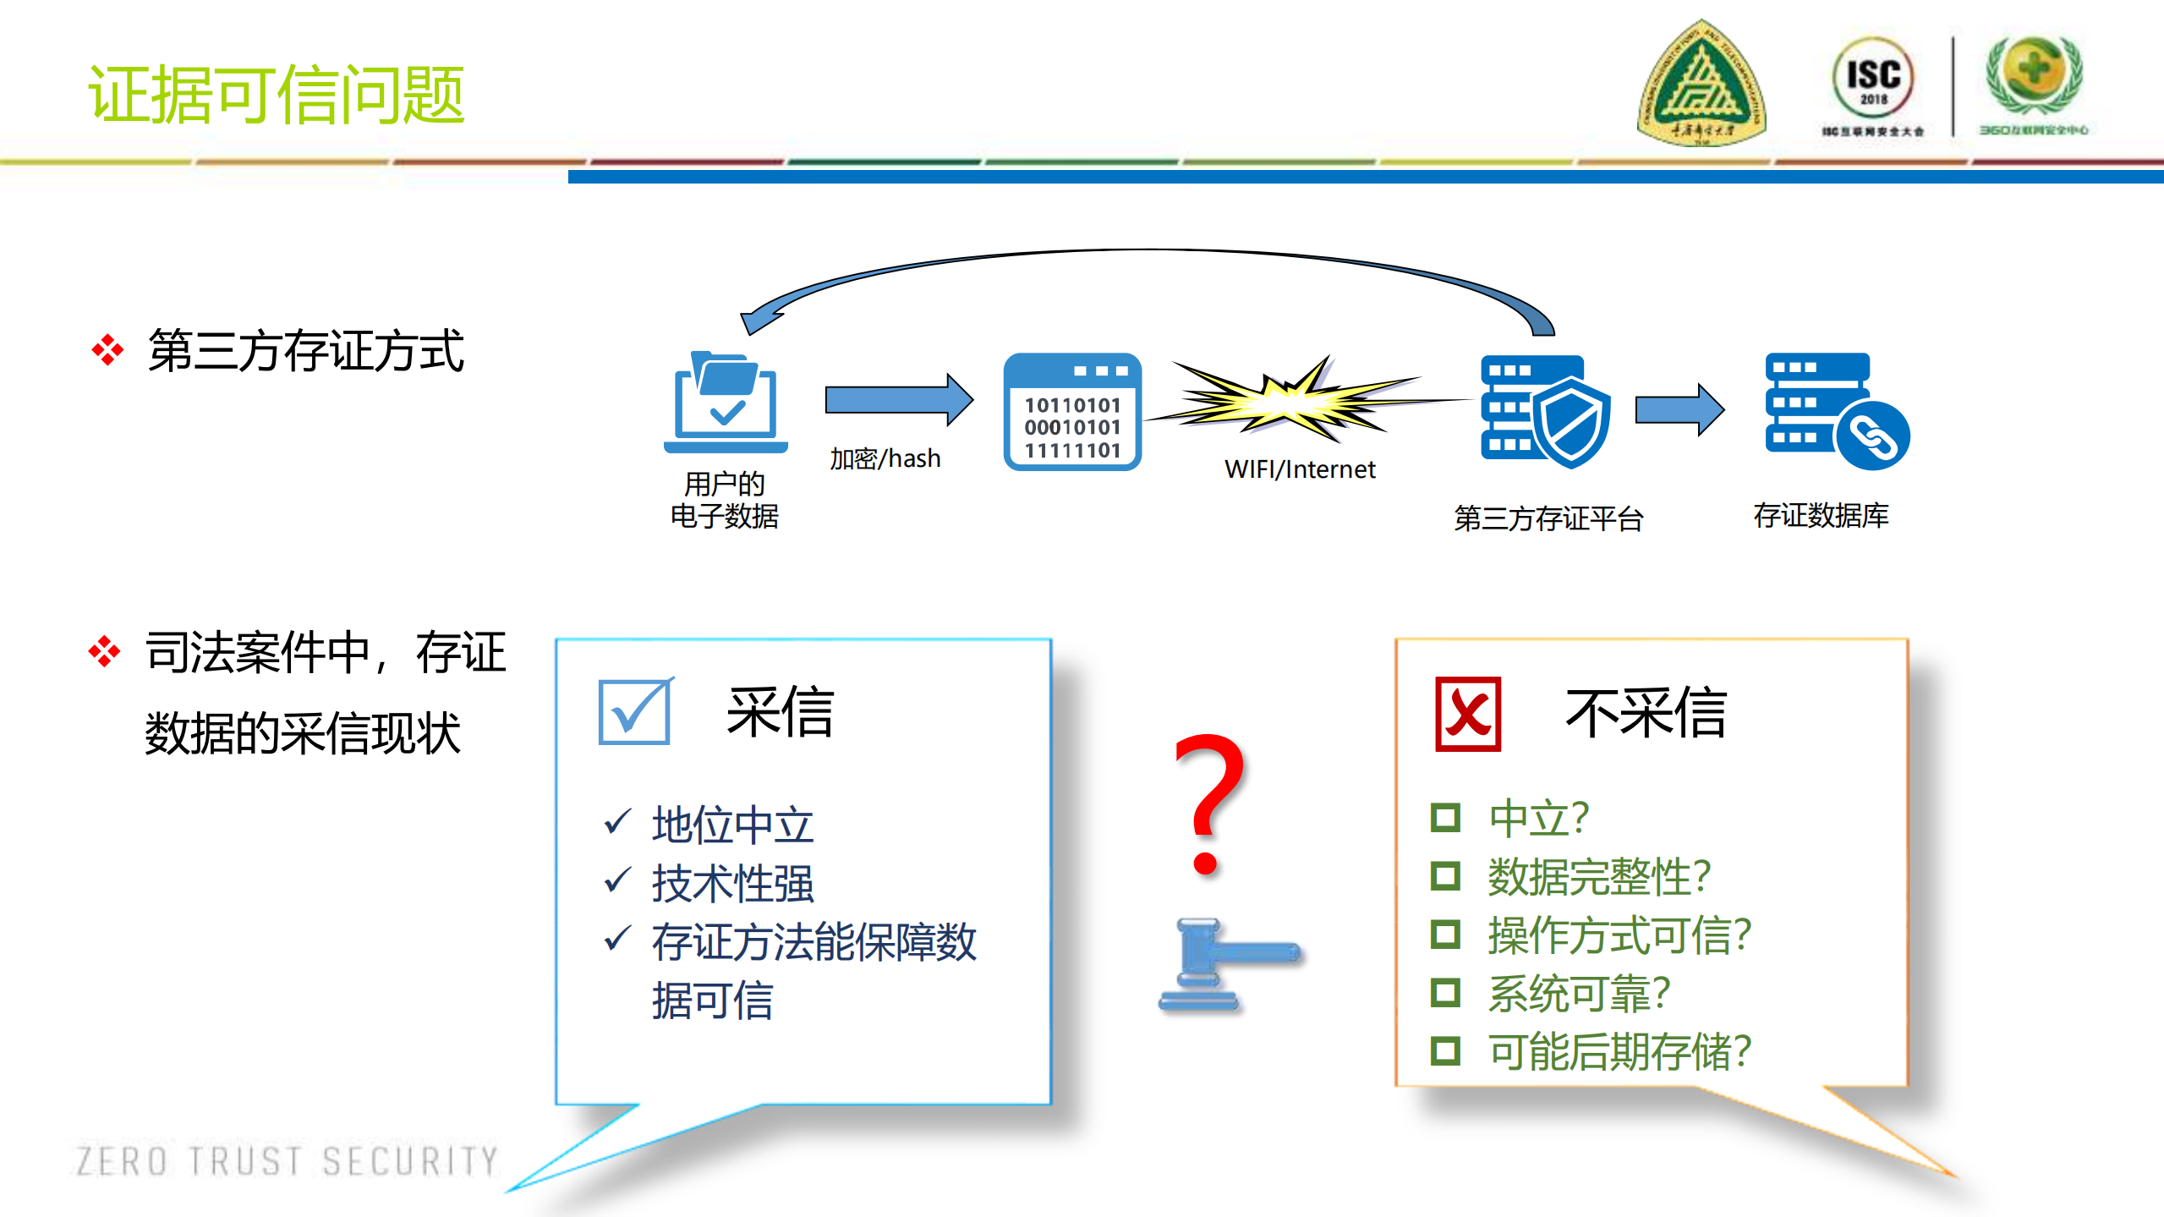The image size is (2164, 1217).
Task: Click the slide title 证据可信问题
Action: pyautogui.click(x=276, y=94)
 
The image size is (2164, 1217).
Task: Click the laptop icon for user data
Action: pyautogui.click(x=726, y=403)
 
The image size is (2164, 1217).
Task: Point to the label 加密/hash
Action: pyautogui.click(x=885, y=458)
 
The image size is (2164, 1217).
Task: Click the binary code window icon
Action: pyautogui.click(x=1072, y=412)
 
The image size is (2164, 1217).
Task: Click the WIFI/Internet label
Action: pyautogui.click(x=1300, y=469)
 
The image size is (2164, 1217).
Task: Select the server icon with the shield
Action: pyautogui.click(x=1544, y=411)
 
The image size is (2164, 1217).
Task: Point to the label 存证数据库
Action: pyautogui.click(x=1821, y=515)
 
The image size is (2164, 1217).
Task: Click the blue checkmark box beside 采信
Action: pyautogui.click(x=634, y=712)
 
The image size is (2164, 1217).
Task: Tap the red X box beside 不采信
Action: pyautogui.click(x=1468, y=714)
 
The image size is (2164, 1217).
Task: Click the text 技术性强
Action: pyautogui.click(x=732, y=884)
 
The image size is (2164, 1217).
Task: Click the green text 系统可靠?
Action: pyautogui.click(x=1579, y=994)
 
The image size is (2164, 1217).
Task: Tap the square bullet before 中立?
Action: pyautogui.click(x=1445, y=818)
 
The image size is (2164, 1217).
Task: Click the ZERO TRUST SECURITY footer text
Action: pyautogui.click(x=288, y=1161)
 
